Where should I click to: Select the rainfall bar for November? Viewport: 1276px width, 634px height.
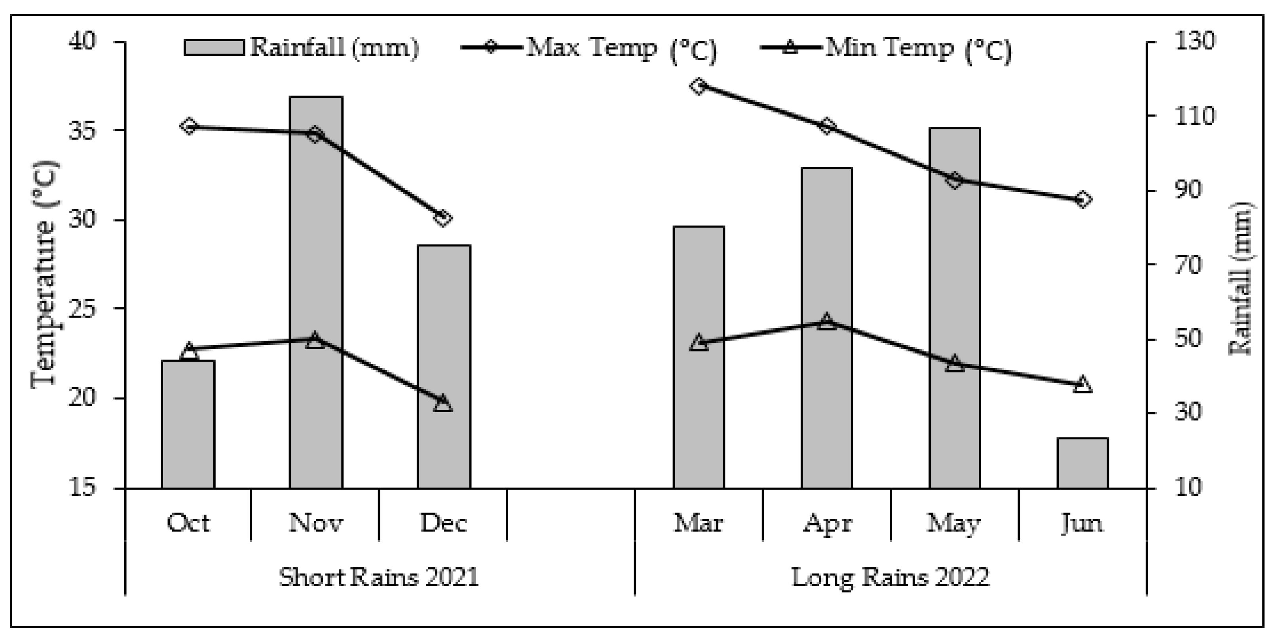316,292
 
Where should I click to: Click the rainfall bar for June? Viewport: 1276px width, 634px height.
1082,463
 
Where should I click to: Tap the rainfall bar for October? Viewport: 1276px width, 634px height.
188,424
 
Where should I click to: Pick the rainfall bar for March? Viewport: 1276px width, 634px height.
699,357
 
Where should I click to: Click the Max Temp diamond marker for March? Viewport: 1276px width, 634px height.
699,87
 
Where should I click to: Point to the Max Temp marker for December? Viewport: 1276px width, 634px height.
443,218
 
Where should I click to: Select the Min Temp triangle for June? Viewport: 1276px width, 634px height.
1082,384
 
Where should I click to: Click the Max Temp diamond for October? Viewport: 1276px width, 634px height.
189,127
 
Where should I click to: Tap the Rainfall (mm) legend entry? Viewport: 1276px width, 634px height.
301,48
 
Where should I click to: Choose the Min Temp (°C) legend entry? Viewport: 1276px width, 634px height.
887,49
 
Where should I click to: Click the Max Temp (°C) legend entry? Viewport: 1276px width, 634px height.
589,49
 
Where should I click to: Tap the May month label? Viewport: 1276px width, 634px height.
954,523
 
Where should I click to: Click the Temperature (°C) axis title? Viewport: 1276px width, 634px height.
45,275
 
